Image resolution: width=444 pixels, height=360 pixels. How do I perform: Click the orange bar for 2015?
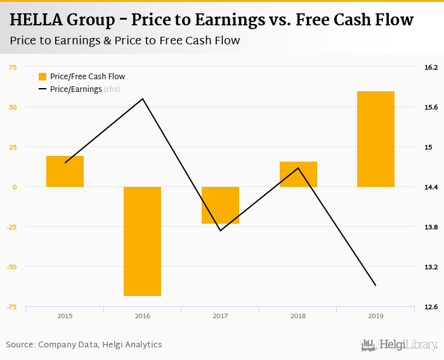pos(65,171)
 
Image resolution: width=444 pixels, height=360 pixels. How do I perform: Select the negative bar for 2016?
pos(142,241)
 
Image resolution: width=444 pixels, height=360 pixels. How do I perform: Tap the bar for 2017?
pos(220,205)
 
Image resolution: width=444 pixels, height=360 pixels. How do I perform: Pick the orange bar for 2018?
pos(298,174)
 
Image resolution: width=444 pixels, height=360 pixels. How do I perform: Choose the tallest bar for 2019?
pos(375,139)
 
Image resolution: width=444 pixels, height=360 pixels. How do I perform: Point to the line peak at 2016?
pos(143,99)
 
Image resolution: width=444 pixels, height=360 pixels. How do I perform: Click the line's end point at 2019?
pos(375,285)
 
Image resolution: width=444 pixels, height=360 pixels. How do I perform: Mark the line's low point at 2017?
pos(220,230)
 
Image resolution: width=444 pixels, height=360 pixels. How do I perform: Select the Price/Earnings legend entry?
pos(75,89)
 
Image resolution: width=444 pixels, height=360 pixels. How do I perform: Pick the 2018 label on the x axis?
pos(298,316)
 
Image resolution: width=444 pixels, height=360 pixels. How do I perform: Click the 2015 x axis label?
pos(65,316)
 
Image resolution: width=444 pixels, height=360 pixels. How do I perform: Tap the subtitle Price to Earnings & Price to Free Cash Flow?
pos(125,41)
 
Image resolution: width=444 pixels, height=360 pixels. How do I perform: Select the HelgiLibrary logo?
pos(399,345)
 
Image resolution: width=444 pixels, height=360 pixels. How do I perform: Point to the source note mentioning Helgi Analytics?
pos(84,345)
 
